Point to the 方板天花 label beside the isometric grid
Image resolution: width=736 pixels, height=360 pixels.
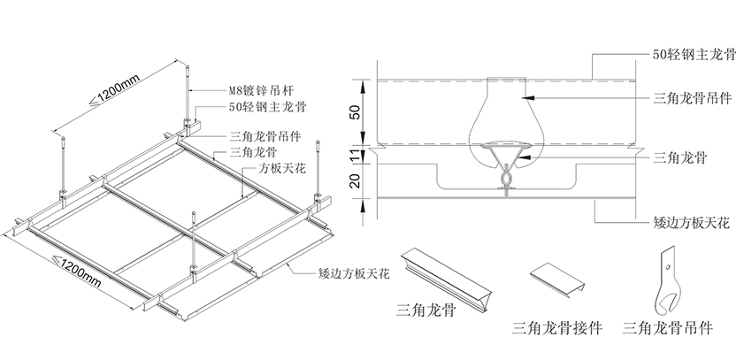282,166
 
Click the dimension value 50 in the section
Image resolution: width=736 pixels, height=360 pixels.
354,112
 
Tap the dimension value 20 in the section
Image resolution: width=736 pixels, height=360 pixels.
354,182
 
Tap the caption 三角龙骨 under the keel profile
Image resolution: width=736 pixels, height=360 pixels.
425,310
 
